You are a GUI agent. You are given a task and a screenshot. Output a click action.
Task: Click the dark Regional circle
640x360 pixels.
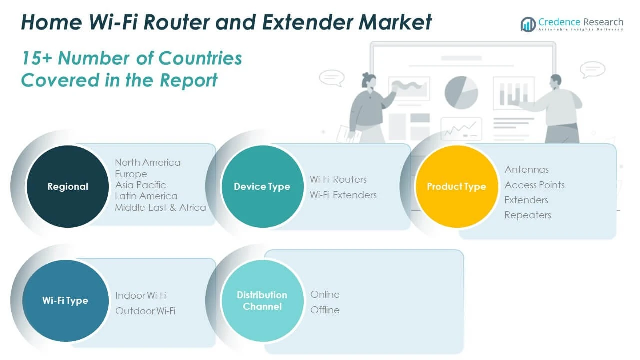pos(68,186)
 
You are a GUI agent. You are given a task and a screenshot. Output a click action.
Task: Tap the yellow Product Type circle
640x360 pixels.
pos(456,186)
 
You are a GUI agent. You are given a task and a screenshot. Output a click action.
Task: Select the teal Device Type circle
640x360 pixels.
pos(262,186)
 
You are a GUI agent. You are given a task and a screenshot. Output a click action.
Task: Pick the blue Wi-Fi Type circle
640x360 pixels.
pos(65,301)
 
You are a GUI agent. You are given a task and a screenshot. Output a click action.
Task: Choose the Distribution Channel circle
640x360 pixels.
pos(262,301)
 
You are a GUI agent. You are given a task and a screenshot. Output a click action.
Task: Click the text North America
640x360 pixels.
pos(148,162)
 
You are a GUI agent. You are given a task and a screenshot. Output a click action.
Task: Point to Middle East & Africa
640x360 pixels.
pos(160,207)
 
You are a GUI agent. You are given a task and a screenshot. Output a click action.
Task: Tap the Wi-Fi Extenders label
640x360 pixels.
pos(343,195)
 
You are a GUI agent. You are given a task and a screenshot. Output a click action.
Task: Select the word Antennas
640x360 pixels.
pos(527,169)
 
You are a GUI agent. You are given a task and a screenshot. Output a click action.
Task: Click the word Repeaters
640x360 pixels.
pos(528,215)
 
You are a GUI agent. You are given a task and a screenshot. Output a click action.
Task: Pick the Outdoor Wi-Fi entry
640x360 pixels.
pos(145,311)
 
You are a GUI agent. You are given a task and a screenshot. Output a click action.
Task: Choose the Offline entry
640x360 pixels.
pos(325,310)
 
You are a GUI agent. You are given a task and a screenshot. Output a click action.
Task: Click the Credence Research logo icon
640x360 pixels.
pos(528,24)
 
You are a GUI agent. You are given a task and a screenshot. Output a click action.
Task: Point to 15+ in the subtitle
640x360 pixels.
pos(37,58)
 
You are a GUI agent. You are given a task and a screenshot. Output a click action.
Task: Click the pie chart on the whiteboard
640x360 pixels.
pos(461,92)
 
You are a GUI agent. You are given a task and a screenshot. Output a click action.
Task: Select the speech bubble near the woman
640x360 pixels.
pos(332,78)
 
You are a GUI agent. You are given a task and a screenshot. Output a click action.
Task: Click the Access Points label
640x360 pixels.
pos(535,185)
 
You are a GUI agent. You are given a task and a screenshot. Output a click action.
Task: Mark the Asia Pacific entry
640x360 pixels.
pos(140,185)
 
